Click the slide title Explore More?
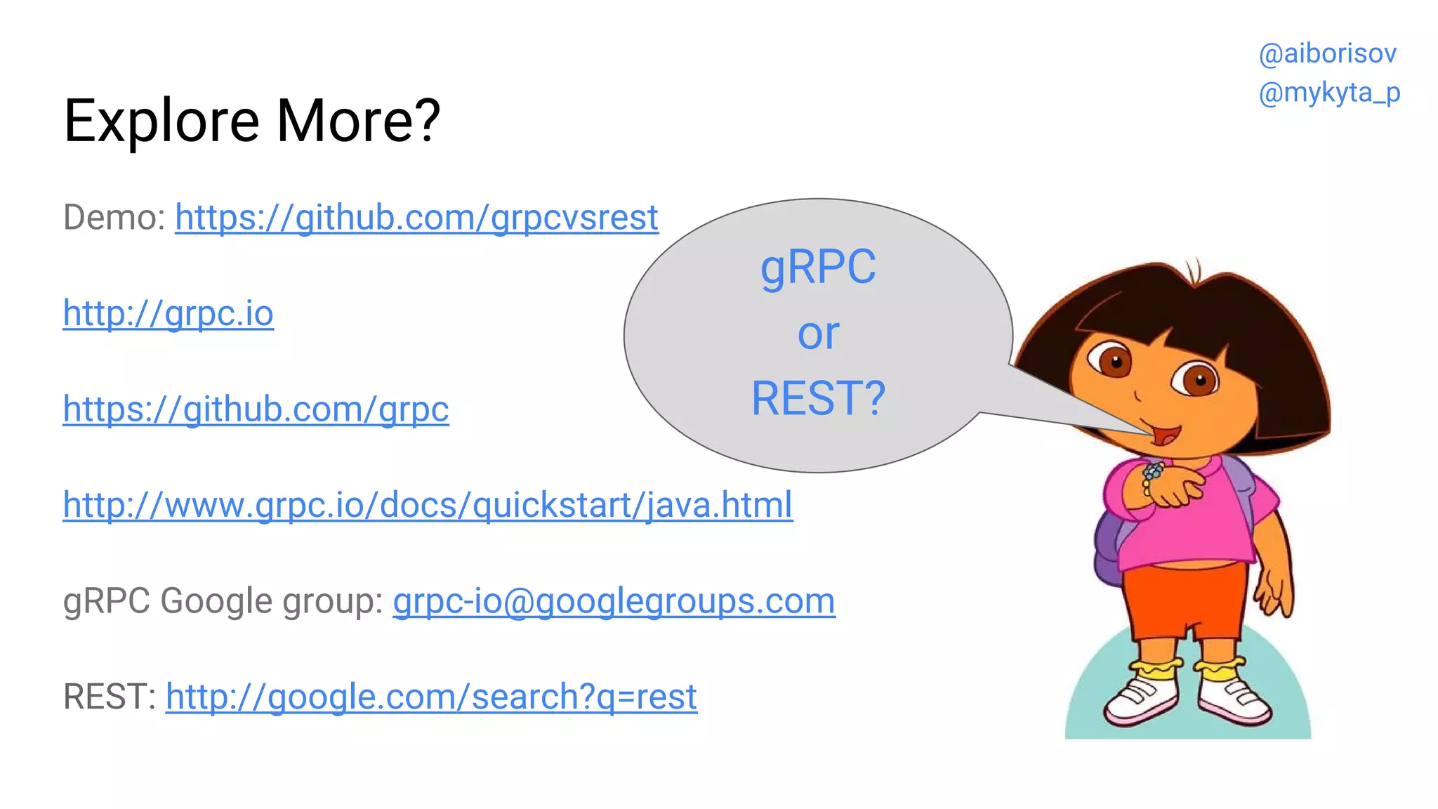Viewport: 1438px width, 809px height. click(251, 121)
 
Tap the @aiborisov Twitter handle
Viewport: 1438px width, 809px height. click(1327, 54)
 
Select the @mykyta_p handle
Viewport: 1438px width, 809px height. click(1329, 93)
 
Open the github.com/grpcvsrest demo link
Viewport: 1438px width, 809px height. click(416, 218)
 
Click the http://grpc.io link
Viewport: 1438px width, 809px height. click(168, 313)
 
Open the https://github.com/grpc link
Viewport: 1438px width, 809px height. click(256, 409)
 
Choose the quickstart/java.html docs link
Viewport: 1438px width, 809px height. click(428, 505)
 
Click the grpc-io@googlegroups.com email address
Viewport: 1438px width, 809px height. click(614, 601)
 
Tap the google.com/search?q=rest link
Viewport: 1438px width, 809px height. click(431, 697)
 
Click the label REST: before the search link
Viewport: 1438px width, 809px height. click(109, 697)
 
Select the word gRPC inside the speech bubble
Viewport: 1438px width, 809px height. click(818, 268)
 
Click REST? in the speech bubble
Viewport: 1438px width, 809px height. click(818, 399)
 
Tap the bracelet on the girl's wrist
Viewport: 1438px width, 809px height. click(1152, 475)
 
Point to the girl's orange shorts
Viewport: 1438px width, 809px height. click(1187, 597)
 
